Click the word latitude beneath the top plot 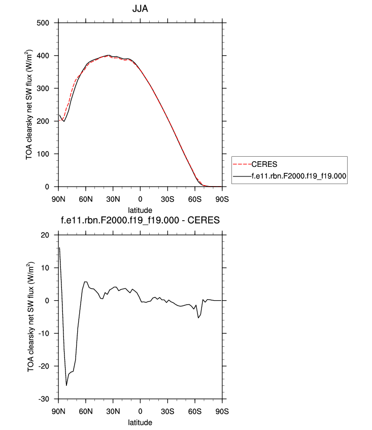(140, 208)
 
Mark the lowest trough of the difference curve (66, 385)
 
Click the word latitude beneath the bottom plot (140, 421)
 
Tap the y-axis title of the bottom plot (31, 317)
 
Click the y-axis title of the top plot (31, 104)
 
